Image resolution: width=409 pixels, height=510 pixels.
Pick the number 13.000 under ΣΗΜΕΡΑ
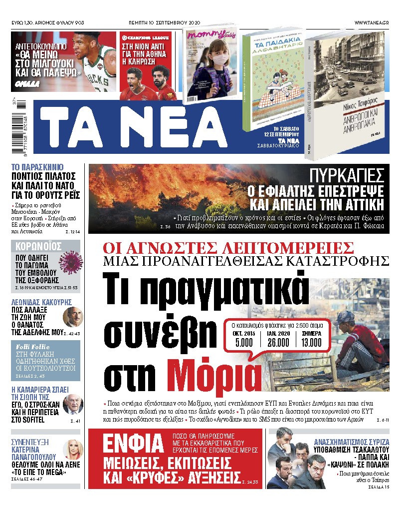click(x=312, y=342)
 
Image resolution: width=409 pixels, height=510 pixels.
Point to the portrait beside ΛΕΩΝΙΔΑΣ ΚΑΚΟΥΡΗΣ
click(x=72, y=317)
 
